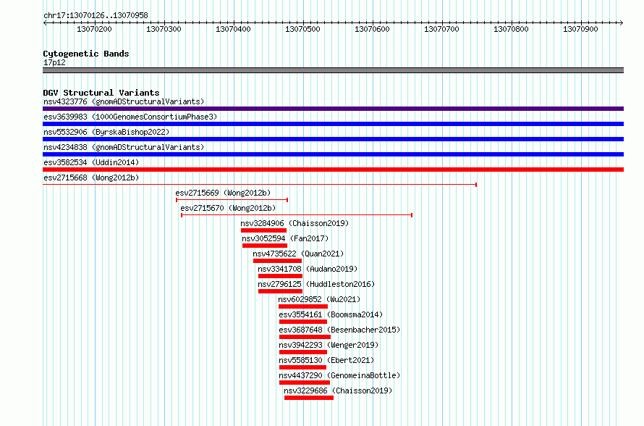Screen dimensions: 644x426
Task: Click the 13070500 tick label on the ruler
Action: [x=302, y=29]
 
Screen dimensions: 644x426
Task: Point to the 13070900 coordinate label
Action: [x=580, y=29]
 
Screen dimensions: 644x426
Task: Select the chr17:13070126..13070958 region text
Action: [x=96, y=16]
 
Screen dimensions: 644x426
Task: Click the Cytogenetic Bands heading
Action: [x=86, y=54]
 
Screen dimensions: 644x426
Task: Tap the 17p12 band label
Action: [x=54, y=62]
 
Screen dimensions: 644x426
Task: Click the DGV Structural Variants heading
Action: [x=101, y=93]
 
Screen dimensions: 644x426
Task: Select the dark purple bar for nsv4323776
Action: [x=333, y=109]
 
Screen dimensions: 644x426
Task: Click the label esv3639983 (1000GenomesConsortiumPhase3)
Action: [x=130, y=117]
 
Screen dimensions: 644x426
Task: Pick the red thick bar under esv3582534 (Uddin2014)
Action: [x=333, y=170]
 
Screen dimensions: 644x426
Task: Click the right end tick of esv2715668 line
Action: [x=476, y=185]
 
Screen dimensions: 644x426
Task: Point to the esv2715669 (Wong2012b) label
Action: [x=223, y=193]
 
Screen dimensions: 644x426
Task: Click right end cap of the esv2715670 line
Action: [x=412, y=215]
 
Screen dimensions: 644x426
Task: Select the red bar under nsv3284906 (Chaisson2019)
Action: [x=263, y=230]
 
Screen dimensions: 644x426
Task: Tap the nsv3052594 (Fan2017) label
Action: [x=285, y=238]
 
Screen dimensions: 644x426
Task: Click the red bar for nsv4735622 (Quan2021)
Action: [x=277, y=261]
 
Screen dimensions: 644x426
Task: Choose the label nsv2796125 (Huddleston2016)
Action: [x=316, y=284]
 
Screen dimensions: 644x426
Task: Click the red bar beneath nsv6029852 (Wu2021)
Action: [x=303, y=306]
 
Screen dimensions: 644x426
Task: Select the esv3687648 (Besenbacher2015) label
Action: [x=339, y=330]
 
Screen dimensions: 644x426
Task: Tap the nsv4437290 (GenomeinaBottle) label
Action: [x=339, y=375]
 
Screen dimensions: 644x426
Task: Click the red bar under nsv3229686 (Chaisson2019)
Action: [x=309, y=398]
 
